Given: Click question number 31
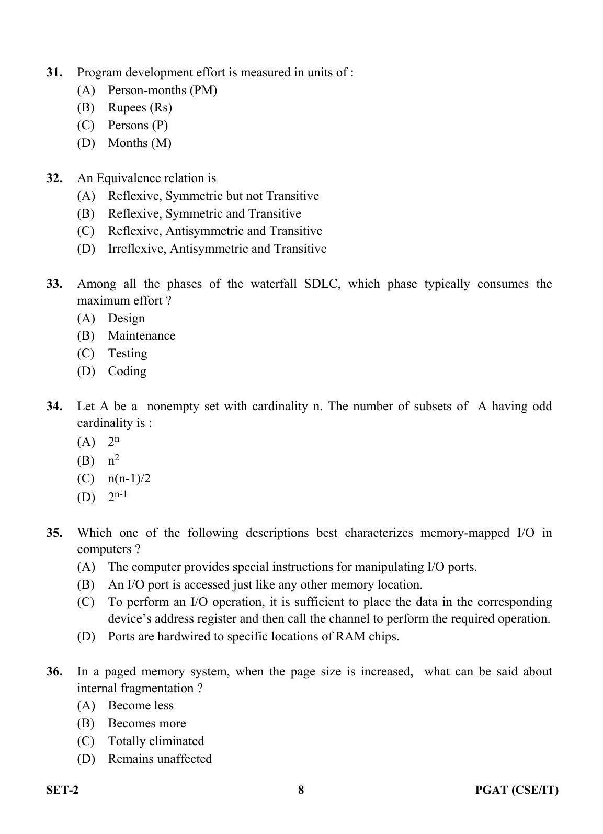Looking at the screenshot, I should click(x=54, y=73).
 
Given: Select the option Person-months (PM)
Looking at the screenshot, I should click(x=162, y=90).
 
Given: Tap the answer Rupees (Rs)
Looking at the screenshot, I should click(x=140, y=108).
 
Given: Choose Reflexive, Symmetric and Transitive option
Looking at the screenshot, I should click(x=204, y=213).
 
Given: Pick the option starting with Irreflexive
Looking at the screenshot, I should click(x=217, y=249).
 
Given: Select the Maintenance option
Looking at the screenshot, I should click(x=141, y=336).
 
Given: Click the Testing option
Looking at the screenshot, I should click(x=127, y=354).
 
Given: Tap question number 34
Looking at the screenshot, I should click(x=54, y=407).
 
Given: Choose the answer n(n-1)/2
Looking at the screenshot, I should click(x=129, y=479).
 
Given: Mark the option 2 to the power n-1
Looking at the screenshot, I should click(x=117, y=496).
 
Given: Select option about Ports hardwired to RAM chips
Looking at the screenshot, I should click(x=253, y=637).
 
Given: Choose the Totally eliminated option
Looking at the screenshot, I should click(x=156, y=741).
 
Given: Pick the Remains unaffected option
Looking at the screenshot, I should click(x=160, y=759).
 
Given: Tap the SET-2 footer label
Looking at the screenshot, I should click(x=62, y=790).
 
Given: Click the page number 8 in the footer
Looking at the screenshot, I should click(x=301, y=790).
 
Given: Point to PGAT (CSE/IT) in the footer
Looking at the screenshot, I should click(x=516, y=790).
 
